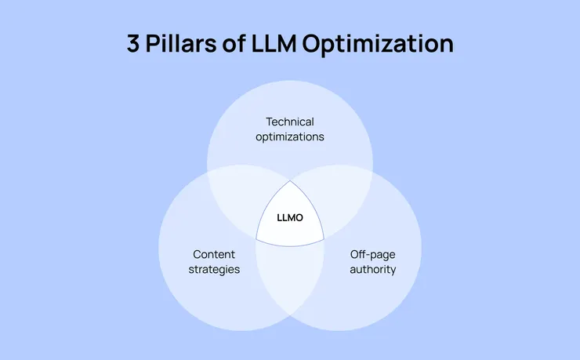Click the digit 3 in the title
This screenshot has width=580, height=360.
tap(134, 44)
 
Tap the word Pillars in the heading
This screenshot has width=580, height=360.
tap(182, 44)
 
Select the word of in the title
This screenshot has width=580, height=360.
tap(240, 44)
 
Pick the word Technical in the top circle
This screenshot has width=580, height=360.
tap(290, 122)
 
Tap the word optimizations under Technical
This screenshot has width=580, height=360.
tap(290, 136)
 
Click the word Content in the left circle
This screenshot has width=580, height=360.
tap(214, 254)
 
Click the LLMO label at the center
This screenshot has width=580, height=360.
tap(290, 217)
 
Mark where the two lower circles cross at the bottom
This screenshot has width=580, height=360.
tap(290, 316)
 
